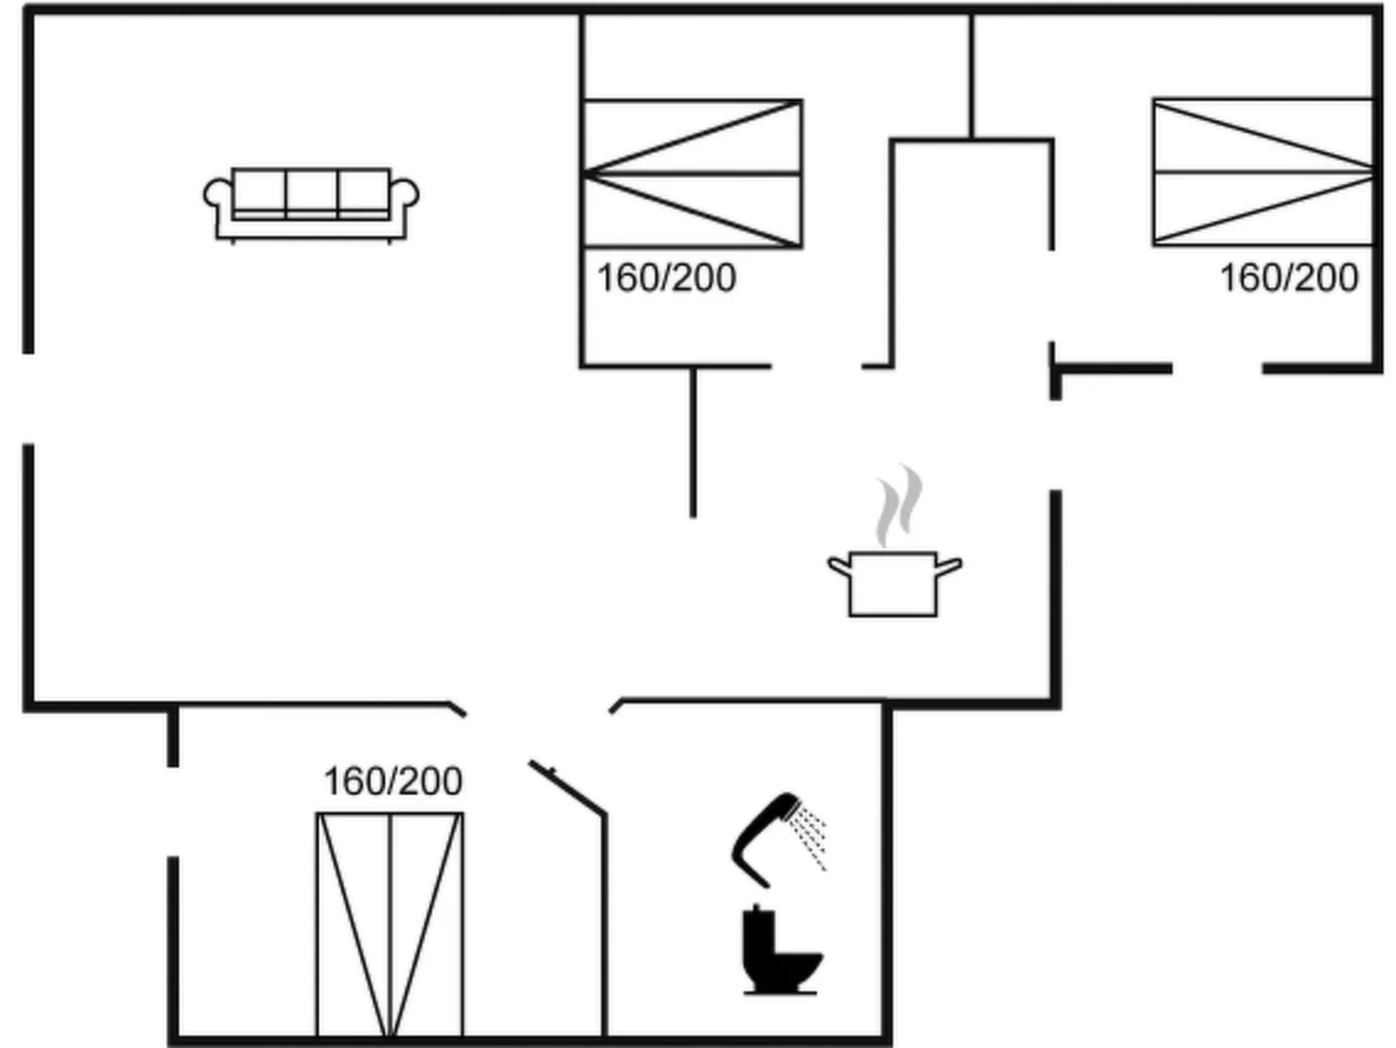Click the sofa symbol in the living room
coord(311,204)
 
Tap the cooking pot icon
coord(894,584)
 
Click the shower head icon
coord(765,835)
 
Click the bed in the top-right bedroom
coord(1262,172)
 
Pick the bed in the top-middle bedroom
coord(692,174)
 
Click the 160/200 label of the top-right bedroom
coord(1288,278)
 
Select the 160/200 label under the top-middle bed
coord(666,278)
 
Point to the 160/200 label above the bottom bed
coord(393,781)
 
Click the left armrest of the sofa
coord(217,195)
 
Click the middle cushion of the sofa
coord(311,191)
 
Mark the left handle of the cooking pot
coord(839,567)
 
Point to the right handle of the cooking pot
coord(949,567)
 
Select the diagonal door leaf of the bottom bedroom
coord(567,788)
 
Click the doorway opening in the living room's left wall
coord(29,399)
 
